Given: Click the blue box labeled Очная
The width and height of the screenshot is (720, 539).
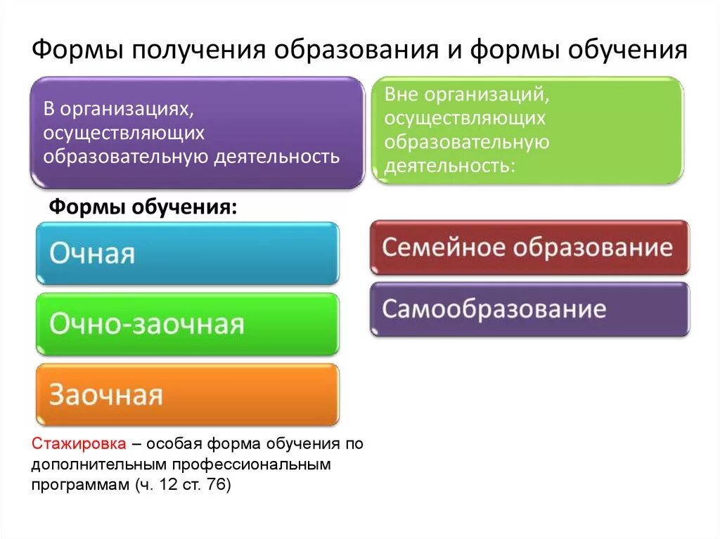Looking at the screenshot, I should (x=187, y=253).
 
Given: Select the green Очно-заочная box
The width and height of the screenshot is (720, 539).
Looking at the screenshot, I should (x=187, y=324).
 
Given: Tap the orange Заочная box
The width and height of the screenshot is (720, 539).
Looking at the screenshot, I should (x=187, y=394).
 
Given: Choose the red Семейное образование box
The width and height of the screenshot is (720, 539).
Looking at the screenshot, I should (x=529, y=247).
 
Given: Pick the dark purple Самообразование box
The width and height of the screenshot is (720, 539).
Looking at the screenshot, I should (x=529, y=309).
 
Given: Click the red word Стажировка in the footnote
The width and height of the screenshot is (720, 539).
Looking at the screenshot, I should (x=79, y=445).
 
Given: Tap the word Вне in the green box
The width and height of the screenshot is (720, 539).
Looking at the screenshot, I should (x=400, y=92).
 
